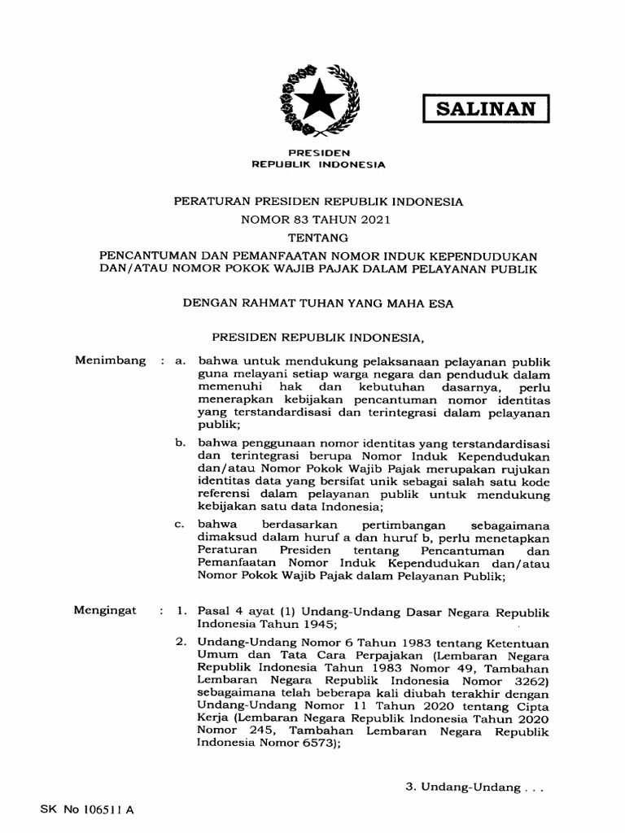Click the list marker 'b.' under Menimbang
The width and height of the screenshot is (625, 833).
[x=181, y=443]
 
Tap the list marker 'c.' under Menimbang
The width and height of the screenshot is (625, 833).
[x=181, y=525]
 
